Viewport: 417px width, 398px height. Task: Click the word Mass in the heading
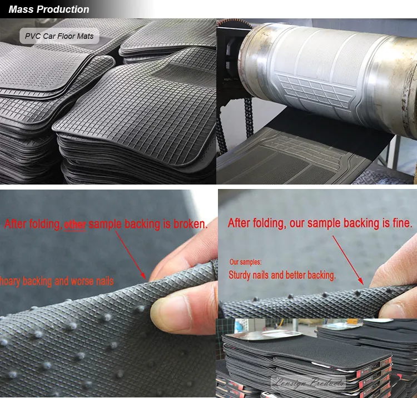coord(21,9)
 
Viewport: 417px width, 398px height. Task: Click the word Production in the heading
coord(63,9)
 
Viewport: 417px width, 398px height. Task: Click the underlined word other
coord(75,225)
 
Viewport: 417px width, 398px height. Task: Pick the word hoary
coord(10,281)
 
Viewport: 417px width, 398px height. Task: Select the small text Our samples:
coord(245,261)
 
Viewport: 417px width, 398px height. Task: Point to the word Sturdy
coord(241,275)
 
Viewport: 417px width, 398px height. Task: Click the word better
coord(301,275)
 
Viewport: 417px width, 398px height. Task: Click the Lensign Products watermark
coord(307,382)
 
